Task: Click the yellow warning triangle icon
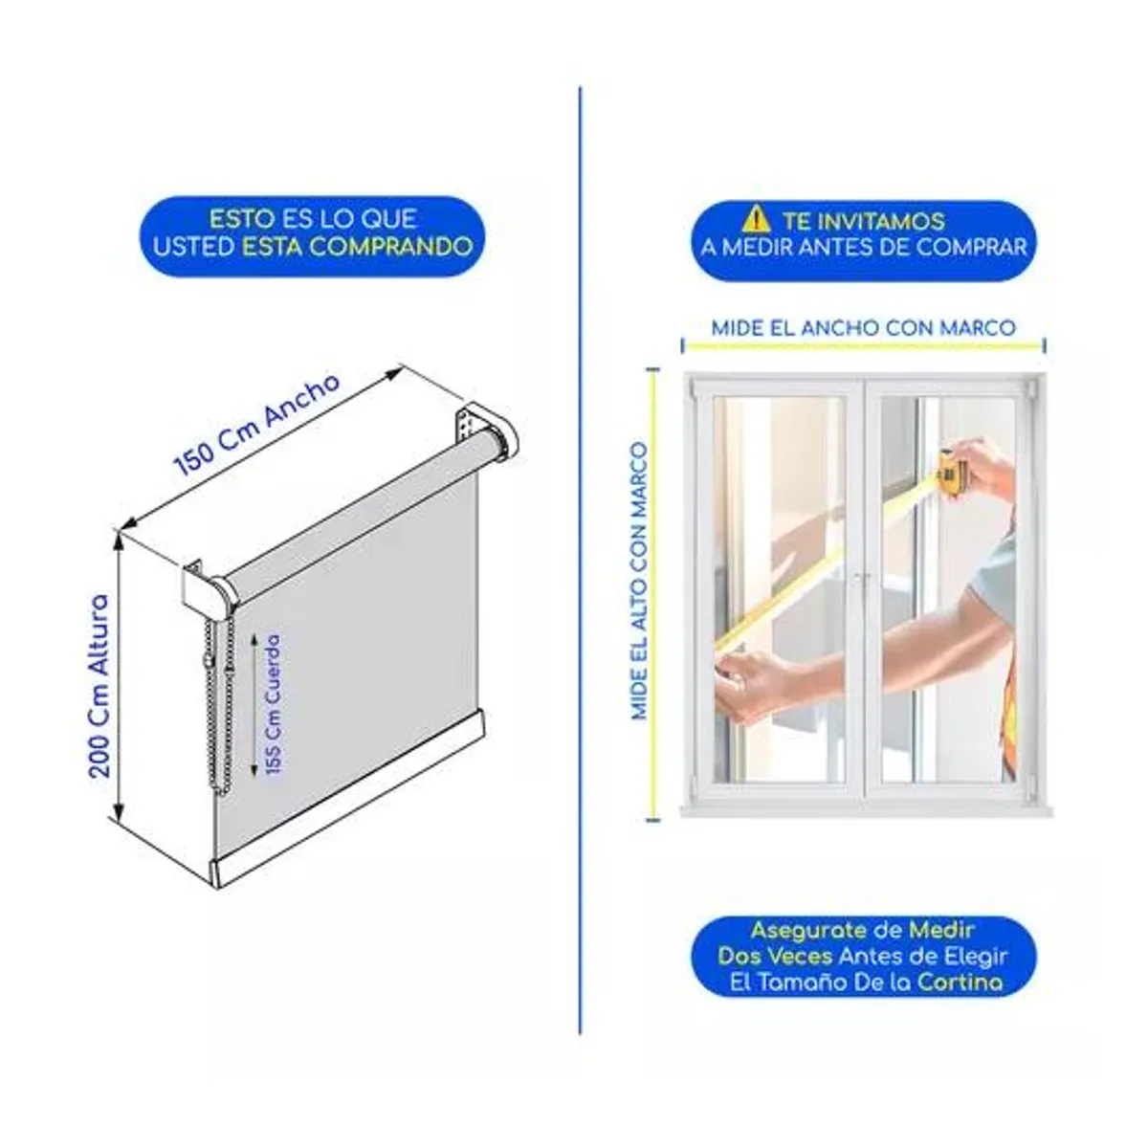tap(756, 219)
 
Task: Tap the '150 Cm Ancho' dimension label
tap(256, 424)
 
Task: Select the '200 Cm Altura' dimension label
tap(99, 685)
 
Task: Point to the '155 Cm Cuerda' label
tap(273, 704)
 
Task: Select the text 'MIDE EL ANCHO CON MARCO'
tap(863, 328)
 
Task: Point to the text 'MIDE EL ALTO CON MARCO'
tap(639, 581)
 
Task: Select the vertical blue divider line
tap(580, 560)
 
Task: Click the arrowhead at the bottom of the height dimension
tap(120, 809)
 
